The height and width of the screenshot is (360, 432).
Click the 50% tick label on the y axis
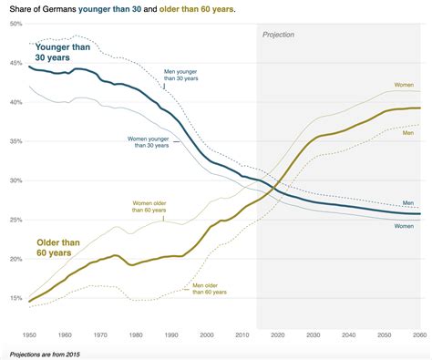point(15,24)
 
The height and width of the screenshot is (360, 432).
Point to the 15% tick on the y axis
point(15,298)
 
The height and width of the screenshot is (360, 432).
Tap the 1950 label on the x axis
point(29,335)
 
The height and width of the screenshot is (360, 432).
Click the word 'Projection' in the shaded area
point(279,34)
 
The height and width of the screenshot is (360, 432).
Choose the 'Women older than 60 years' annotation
point(155,206)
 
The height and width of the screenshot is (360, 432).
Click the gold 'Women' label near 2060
point(404,85)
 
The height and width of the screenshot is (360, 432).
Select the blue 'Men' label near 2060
point(408,202)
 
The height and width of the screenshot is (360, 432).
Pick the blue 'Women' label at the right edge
point(404,225)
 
